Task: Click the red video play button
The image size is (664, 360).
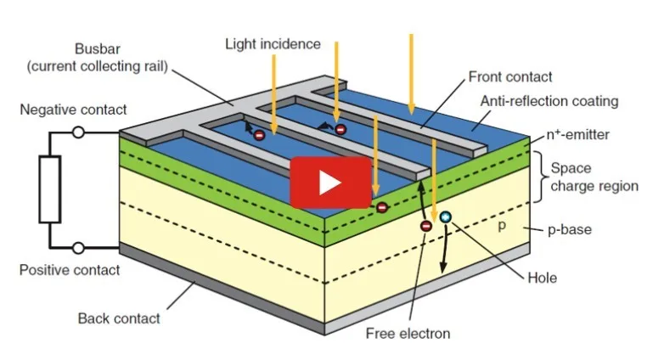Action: coord(331,183)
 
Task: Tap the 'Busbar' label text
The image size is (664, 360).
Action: coord(98,48)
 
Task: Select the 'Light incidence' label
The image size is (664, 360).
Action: coord(273,44)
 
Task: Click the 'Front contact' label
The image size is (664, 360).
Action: coord(510,76)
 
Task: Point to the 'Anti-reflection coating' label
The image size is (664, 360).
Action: coord(549,101)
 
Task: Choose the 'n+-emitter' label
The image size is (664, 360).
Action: coord(577,135)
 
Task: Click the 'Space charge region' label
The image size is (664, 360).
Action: coord(594,177)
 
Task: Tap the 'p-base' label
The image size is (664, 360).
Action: coord(570,229)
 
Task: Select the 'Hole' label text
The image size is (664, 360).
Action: coord(542,278)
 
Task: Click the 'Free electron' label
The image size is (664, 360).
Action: coord(408,334)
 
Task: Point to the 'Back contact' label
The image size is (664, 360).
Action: coord(119,318)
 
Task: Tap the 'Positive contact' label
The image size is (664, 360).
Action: coord(70,270)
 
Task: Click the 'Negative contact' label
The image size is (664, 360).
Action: coord(73,110)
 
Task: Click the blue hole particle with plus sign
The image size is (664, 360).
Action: coord(445,217)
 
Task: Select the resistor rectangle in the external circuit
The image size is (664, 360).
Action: coord(50,189)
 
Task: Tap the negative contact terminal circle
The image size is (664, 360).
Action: coord(78,132)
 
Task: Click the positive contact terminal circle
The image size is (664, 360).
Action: coord(78,248)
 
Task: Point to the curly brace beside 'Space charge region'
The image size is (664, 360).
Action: coord(537,177)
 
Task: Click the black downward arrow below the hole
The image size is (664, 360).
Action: coord(444,249)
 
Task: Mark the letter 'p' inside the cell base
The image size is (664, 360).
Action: coord(502,225)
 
